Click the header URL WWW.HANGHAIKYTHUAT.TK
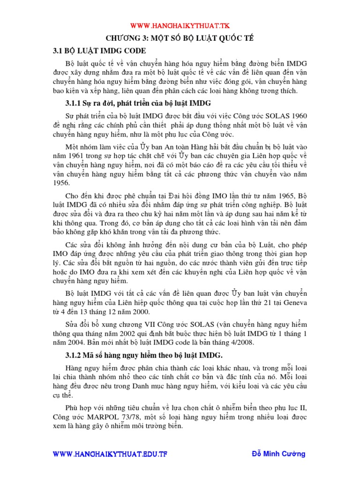point(180,25)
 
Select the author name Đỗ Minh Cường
point(278,454)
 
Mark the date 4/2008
point(243,343)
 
